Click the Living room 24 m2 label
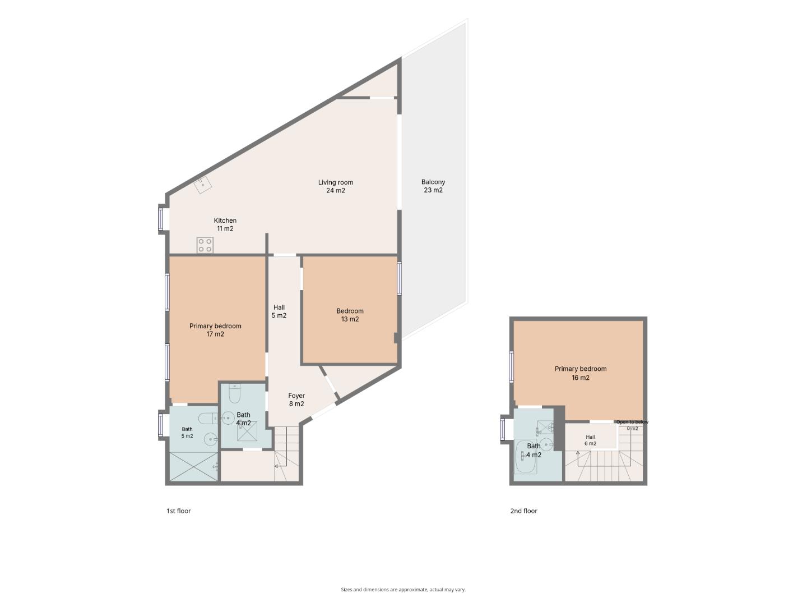click(335, 186)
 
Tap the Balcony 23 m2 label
click(433, 186)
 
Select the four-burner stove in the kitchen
click(205, 245)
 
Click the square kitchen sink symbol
click(203, 185)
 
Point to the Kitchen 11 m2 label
click(225, 224)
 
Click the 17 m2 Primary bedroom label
click(215, 330)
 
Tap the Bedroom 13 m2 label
click(350, 315)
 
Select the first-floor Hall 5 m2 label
click(279, 311)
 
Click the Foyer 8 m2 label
click(296, 400)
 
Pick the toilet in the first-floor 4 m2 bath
click(234, 393)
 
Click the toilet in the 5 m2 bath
click(208, 419)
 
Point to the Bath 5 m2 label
click(187, 432)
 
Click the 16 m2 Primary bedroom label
click(580, 373)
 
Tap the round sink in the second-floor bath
click(547, 444)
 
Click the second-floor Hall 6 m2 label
click(590, 440)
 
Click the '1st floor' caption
click(178, 511)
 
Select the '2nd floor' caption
click(523, 511)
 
